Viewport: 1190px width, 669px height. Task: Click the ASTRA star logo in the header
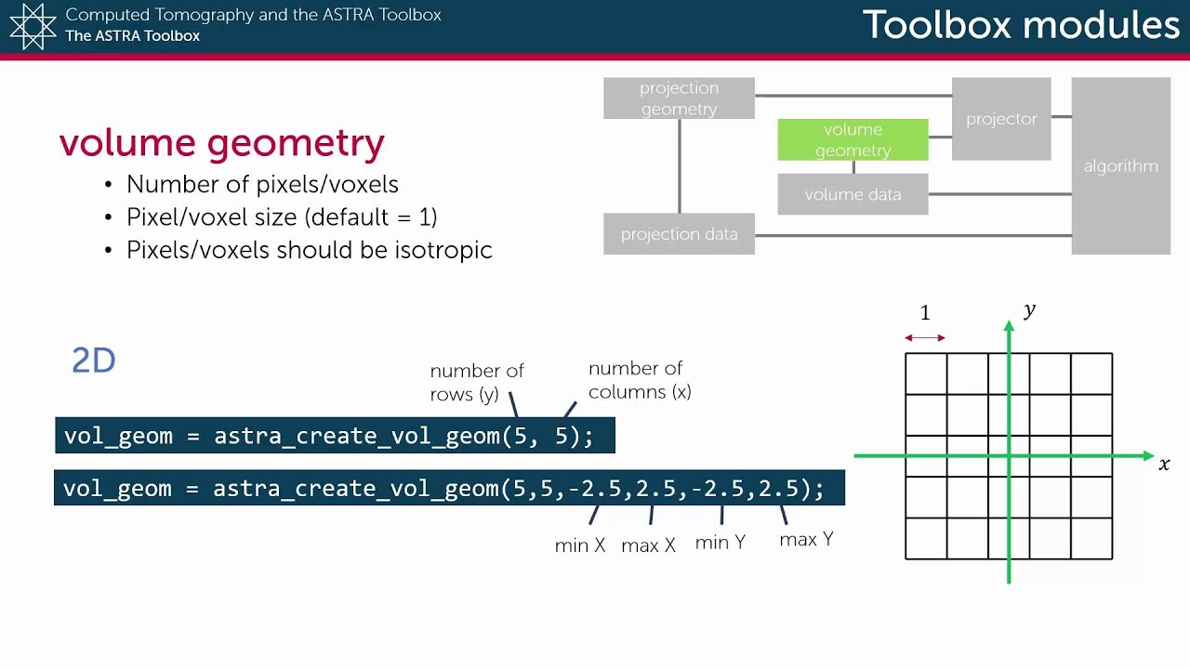(33, 26)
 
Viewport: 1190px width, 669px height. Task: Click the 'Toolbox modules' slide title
(1020, 25)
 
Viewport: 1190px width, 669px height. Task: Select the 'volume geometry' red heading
(221, 143)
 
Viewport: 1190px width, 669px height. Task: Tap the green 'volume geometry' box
(853, 139)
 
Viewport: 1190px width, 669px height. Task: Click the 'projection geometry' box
(679, 98)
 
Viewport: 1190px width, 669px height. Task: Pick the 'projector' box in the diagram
(1001, 119)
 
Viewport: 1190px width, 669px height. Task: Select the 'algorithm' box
(1120, 166)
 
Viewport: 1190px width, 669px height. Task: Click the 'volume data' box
(853, 195)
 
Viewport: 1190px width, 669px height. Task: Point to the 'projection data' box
(679, 234)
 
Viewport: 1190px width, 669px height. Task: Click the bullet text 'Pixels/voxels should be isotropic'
(309, 250)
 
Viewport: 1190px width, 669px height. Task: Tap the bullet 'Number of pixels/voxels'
(262, 184)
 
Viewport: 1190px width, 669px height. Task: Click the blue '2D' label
(93, 361)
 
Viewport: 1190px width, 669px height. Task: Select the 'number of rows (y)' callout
(477, 382)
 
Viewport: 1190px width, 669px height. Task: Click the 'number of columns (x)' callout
(639, 380)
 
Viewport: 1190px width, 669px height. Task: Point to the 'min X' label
(579, 545)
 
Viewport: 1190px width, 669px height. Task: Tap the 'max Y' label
(806, 540)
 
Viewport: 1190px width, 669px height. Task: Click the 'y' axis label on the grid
(1029, 310)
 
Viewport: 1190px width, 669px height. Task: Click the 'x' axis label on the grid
(1164, 463)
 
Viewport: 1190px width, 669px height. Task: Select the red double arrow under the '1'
(925, 337)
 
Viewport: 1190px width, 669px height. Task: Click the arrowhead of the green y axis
(1009, 326)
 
